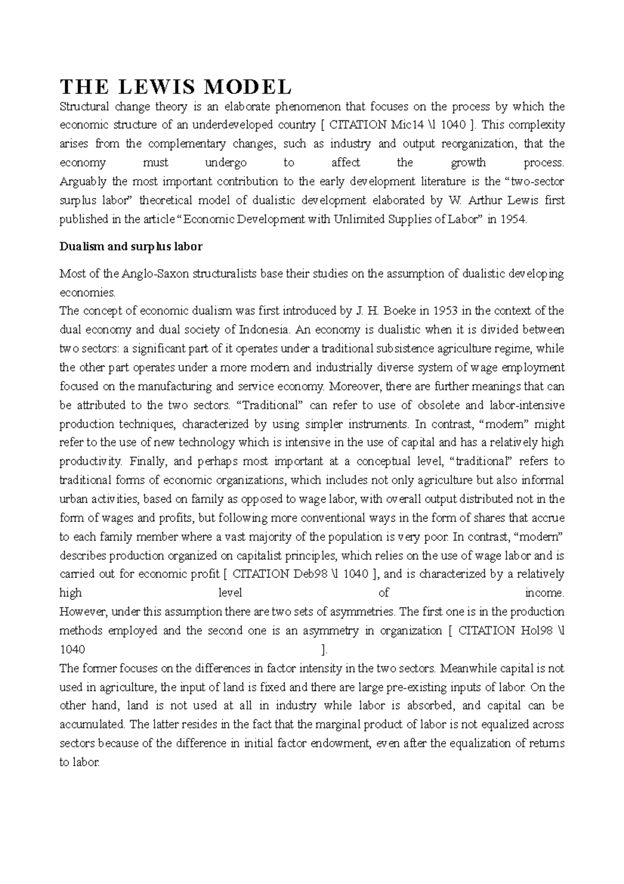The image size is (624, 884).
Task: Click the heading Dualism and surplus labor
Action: tap(131, 247)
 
